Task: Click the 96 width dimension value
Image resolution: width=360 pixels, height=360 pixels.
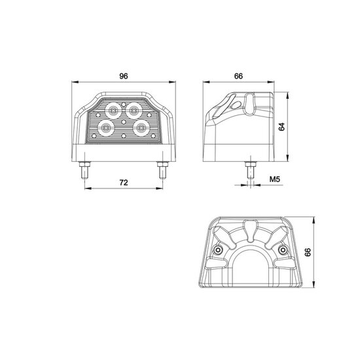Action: coord(124,76)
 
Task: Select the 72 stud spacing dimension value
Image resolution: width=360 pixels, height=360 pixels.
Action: coord(124,183)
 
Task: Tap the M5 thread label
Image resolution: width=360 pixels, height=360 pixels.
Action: coord(275,179)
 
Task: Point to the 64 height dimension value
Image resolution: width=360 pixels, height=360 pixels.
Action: coord(281,127)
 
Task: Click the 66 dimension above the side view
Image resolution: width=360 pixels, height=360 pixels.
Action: coord(238,76)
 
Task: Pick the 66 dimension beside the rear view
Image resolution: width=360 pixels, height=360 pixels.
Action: coord(308,252)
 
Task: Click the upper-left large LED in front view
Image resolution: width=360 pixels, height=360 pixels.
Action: coord(113,111)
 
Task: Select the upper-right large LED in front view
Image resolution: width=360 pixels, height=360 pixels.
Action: coord(133,111)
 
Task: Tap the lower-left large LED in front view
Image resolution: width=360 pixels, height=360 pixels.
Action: coord(105,128)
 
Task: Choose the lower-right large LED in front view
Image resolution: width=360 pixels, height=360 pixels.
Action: coord(141,128)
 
